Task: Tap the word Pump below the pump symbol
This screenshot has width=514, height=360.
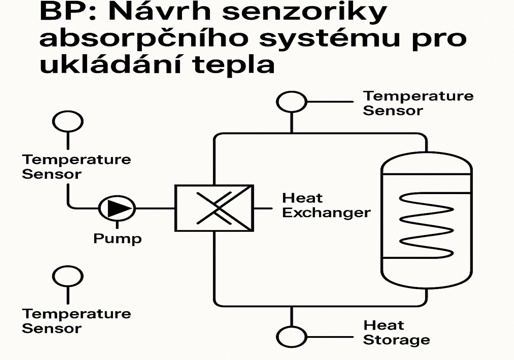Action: coord(118,238)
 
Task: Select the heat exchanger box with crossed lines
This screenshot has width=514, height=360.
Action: coord(214,208)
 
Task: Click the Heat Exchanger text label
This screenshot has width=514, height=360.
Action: coord(326,205)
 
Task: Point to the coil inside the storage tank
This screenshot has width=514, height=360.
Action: coord(426,225)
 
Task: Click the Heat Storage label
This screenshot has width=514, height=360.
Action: coord(396,332)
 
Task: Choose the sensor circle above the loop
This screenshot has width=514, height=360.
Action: coord(291,102)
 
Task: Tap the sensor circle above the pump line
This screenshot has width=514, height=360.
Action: coord(68,121)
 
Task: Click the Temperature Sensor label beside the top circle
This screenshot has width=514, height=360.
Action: coord(418,103)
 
